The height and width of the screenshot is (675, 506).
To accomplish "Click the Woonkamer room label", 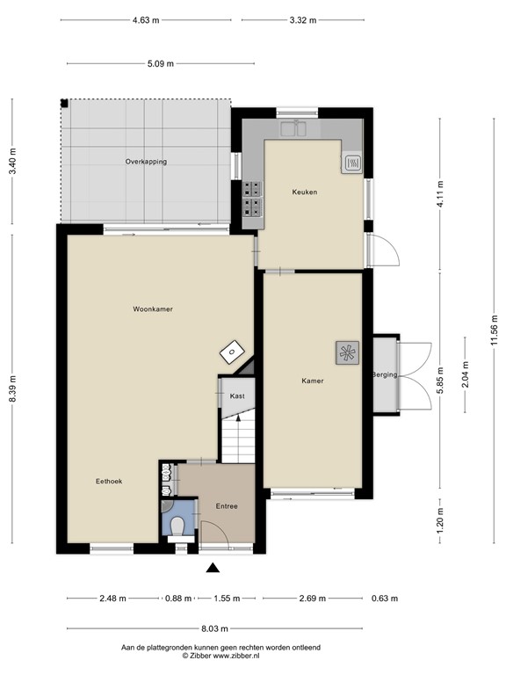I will point(152,309).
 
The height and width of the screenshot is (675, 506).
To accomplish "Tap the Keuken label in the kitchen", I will point(305,192).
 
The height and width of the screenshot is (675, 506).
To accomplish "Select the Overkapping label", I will point(146,162).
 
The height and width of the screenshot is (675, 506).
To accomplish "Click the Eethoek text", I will point(109,481).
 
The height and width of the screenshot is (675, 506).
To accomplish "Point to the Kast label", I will point(236,396).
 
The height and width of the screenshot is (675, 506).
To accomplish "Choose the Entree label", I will point(227,506).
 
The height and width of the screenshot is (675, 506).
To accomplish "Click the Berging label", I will point(385,375).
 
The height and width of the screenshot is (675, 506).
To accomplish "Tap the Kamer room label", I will point(312,381).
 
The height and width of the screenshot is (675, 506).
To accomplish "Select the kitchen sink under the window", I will point(293,130).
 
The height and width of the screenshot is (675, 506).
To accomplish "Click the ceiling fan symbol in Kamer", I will point(347,353).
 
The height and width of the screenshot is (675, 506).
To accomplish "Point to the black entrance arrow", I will point(212,569).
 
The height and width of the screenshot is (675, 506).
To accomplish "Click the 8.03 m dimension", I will point(214,628).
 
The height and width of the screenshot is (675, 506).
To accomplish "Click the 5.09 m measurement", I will point(160,63).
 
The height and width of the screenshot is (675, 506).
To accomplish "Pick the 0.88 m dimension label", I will point(179,599).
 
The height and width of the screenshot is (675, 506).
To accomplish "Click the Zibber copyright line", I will point(220,656).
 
